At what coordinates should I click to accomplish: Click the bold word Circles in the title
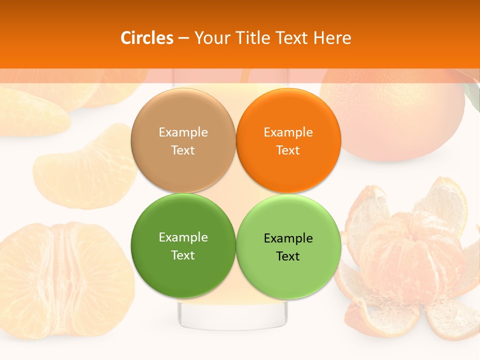(146, 38)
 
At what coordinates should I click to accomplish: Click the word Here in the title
(332, 38)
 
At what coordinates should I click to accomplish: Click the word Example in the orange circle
(288, 132)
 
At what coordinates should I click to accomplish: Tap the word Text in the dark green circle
(183, 255)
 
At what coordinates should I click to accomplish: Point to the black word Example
(288, 238)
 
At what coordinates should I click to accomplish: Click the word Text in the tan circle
(183, 150)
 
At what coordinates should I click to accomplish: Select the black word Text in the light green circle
(288, 256)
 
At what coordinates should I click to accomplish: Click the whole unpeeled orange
(395, 115)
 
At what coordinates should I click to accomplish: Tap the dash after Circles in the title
(183, 38)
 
